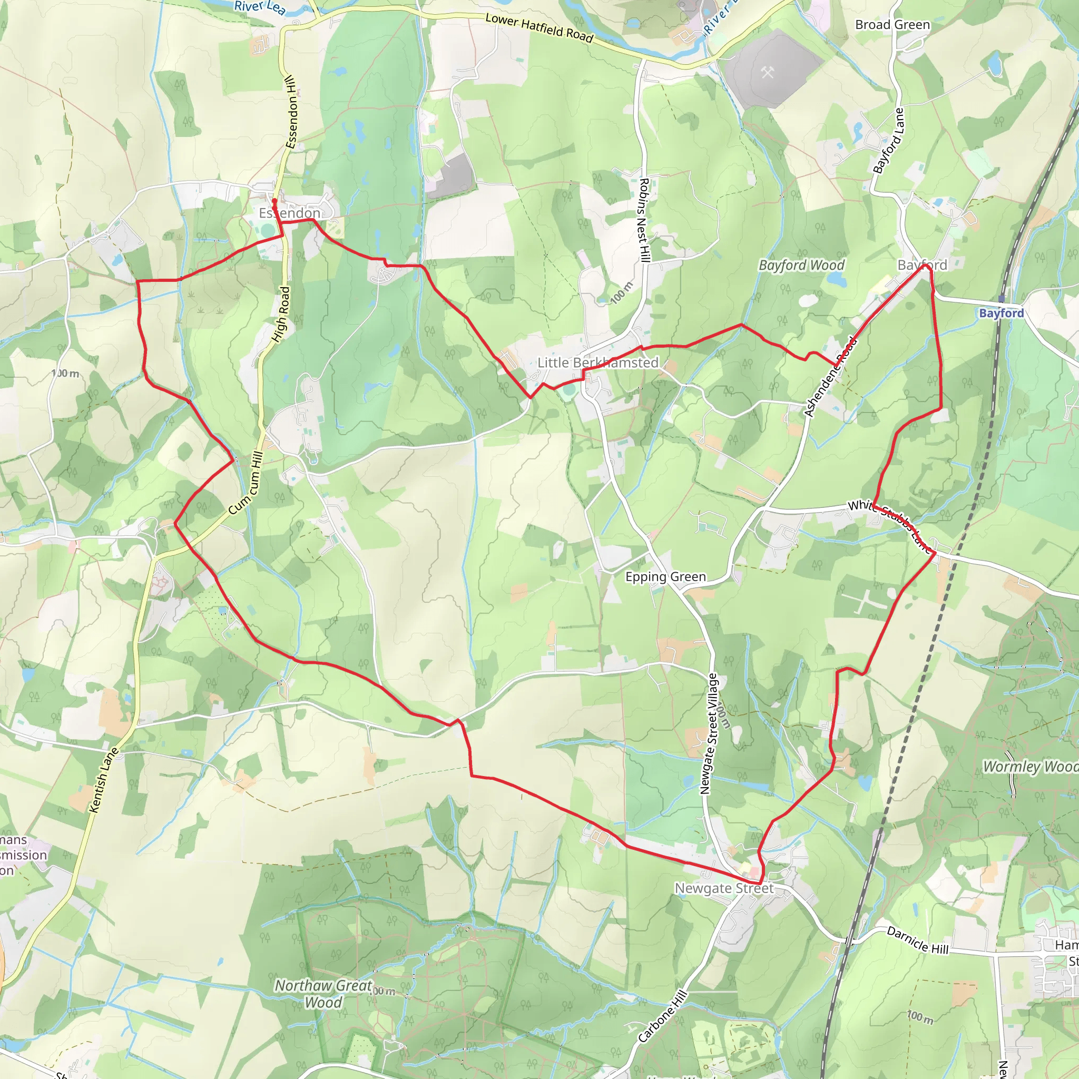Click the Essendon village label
click(289, 213)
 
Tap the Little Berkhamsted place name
click(597, 362)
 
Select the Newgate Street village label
click(724, 888)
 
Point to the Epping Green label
click(665, 576)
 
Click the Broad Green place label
click(892, 25)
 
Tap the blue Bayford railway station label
click(1002, 313)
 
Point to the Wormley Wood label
click(1031, 766)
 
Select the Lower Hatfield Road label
click(539, 28)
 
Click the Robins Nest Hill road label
click(644, 220)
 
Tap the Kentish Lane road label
click(104, 780)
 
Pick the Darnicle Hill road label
click(918, 940)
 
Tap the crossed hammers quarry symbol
click(767, 72)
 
